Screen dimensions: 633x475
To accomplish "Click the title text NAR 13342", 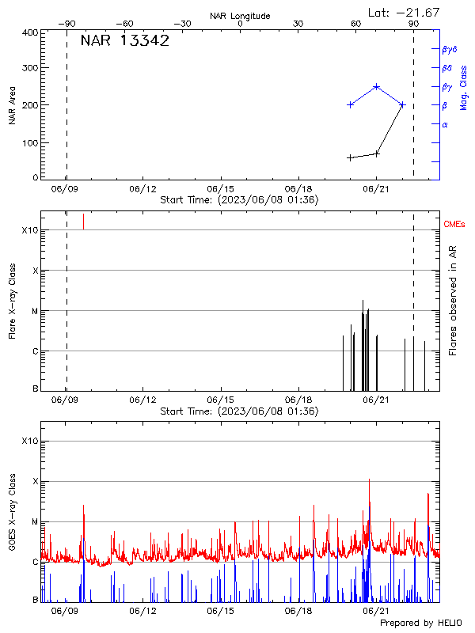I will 124,41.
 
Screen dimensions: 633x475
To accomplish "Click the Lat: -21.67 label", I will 405,12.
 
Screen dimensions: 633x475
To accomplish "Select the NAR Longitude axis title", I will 240,16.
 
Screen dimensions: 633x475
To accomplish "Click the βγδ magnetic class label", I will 450,49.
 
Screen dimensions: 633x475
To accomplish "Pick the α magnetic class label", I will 445,124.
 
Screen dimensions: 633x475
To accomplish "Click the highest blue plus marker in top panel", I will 377,87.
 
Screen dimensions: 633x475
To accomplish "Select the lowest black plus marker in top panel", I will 350,157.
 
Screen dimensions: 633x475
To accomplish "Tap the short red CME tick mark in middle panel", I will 83,221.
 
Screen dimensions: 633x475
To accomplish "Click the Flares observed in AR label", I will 453,300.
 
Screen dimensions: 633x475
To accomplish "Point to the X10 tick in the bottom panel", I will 30,441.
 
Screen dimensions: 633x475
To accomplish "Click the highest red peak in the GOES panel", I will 369,480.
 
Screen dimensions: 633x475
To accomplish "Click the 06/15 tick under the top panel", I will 219,190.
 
